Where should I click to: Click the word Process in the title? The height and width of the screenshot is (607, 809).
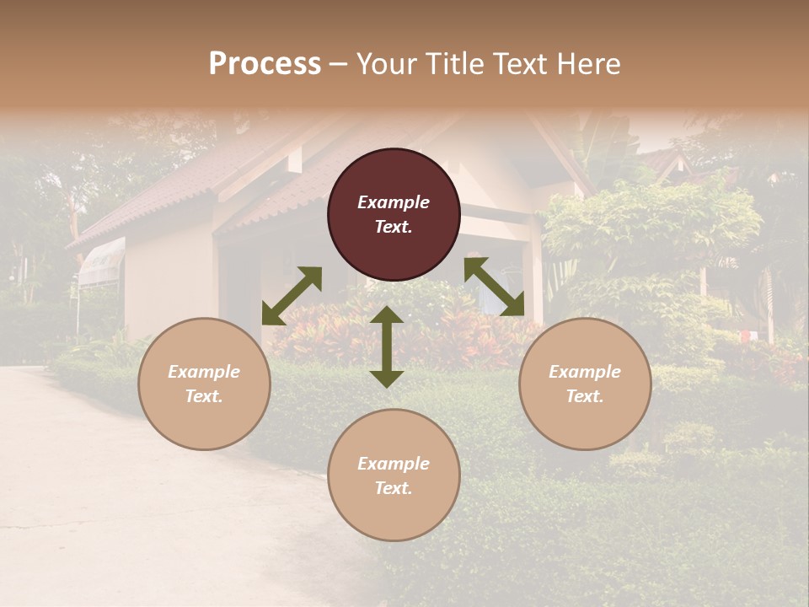[x=265, y=64]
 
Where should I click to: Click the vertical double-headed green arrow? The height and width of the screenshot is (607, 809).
[x=387, y=346]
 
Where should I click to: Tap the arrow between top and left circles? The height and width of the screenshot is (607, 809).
[x=292, y=296]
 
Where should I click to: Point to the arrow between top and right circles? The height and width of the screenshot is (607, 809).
[x=494, y=287]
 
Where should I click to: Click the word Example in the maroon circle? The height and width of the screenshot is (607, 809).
[x=394, y=202]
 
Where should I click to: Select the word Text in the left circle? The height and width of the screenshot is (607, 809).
[x=204, y=396]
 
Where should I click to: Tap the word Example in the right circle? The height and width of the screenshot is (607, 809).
[x=585, y=372]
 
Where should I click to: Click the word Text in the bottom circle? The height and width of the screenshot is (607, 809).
[x=394, y=488]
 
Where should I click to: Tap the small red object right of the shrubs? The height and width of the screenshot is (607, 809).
[x=745, y=336]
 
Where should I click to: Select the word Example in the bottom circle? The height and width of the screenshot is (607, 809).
[x=394, y=464]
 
